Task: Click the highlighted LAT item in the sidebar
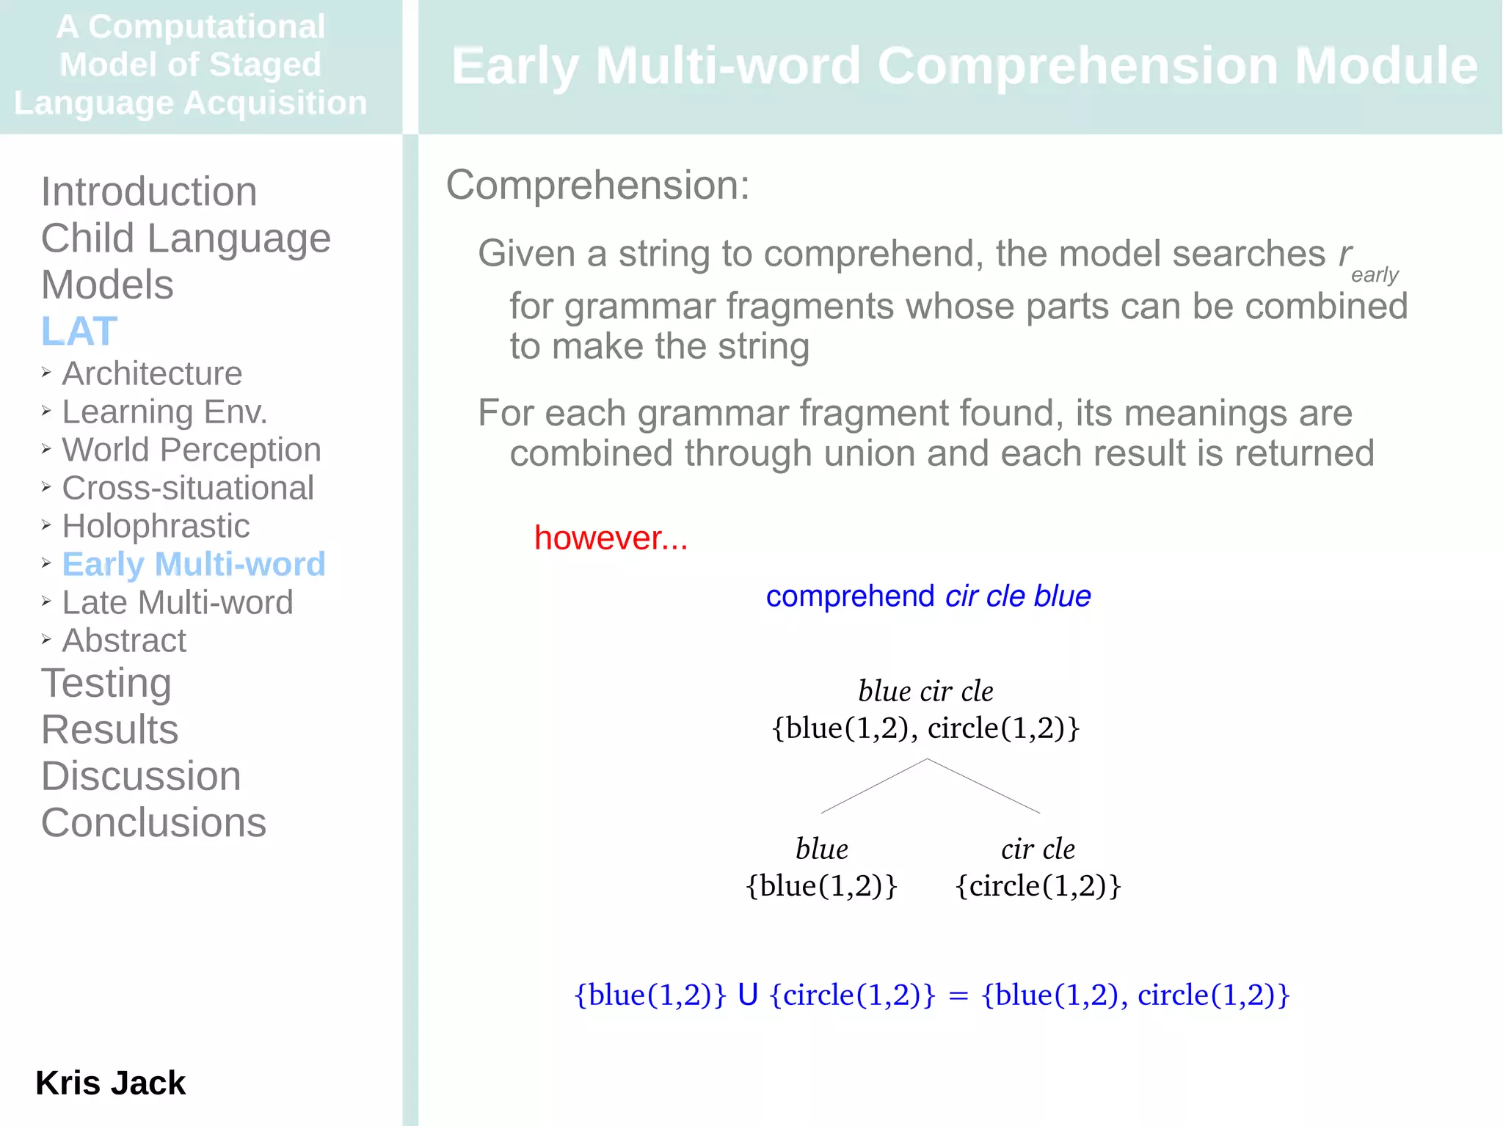[79, 332]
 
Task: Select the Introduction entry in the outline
[149, 192]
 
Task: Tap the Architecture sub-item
[152, 374]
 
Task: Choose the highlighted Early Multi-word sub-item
[194, 565]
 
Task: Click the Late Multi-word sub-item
[178, 603]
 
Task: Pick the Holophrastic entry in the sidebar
[156, 527]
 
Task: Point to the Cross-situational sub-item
[188, 489]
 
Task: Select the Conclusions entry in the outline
[153, 823]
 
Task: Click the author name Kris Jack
[111, 1083]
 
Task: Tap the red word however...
[611, 538]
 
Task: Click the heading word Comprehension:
[597, 186]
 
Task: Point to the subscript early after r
[1375, 275]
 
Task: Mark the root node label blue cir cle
[925, 692]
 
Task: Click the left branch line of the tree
[873, 786]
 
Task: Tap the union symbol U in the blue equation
[748, 995]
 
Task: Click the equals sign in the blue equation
[958, 996]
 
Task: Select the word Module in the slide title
[1386, 67]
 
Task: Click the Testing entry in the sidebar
[106, 684]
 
